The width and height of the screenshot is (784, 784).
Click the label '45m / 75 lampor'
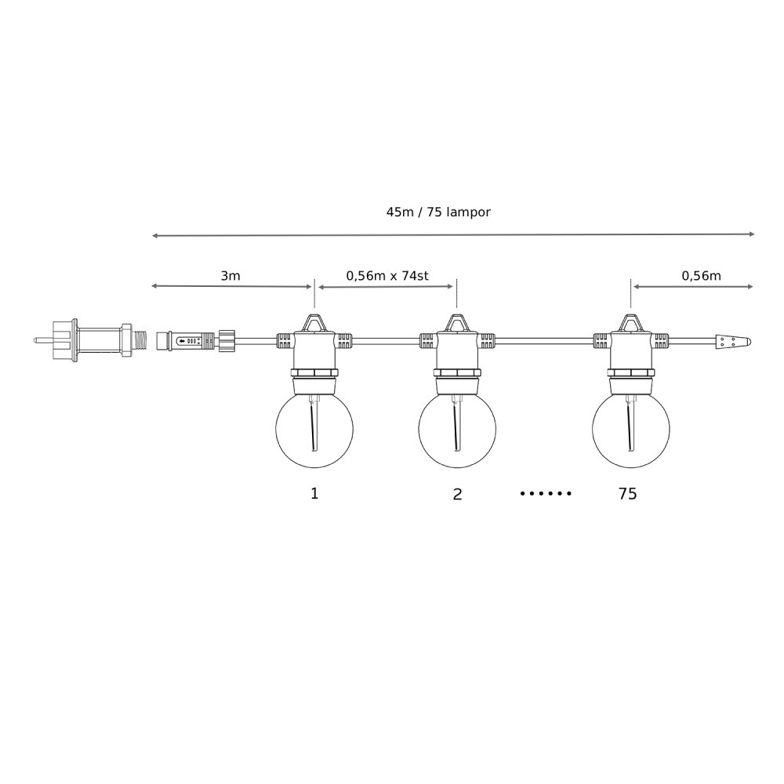click(438, 212)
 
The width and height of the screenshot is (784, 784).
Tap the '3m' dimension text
click(230, 275)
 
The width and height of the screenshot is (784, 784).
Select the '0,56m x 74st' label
click(387, 275)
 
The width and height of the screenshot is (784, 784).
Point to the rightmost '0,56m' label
click(701, 275)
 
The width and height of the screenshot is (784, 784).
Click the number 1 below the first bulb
click(314, 493)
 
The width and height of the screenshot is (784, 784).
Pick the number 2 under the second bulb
click(457, 494)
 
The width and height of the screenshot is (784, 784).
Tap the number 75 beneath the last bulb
click(627, 493)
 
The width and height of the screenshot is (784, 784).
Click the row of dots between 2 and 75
click(546, 493)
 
